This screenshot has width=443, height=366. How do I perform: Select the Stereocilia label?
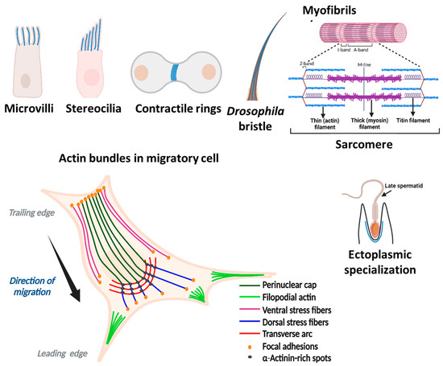pyautogui.click(x=96, y=108)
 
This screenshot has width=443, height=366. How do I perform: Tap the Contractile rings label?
pyautogui.click(x=178, y=108)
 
